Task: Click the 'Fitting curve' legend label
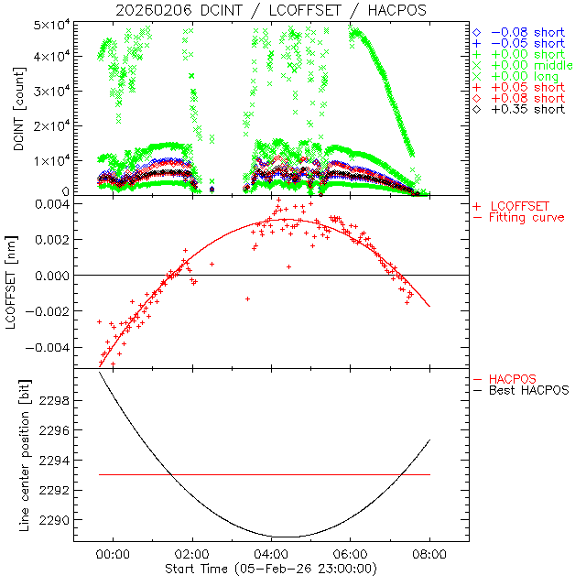(x=526, y=218)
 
